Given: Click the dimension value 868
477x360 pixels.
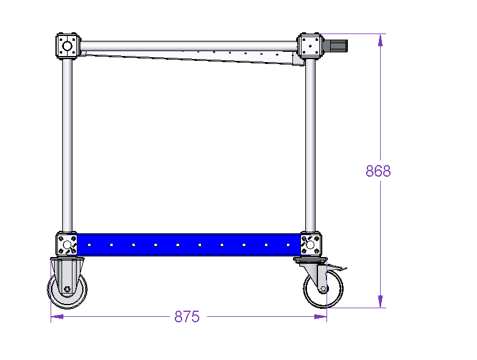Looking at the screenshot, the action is coord(378,171).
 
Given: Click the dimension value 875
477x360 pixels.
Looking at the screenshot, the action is coord(187,317).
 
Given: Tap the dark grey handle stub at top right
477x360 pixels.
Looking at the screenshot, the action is coord(335,46).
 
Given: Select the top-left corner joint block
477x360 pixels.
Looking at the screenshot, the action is coord(68,46).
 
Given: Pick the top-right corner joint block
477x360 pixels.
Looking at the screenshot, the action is coord(310,45).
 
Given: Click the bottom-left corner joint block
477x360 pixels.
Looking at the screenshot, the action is coord(67,244).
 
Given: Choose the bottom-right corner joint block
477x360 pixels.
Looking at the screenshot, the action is coord(311,244).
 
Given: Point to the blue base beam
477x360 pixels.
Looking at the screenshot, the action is coord(189,245).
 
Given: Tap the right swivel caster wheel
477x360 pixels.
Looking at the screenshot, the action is coord(323,288).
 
